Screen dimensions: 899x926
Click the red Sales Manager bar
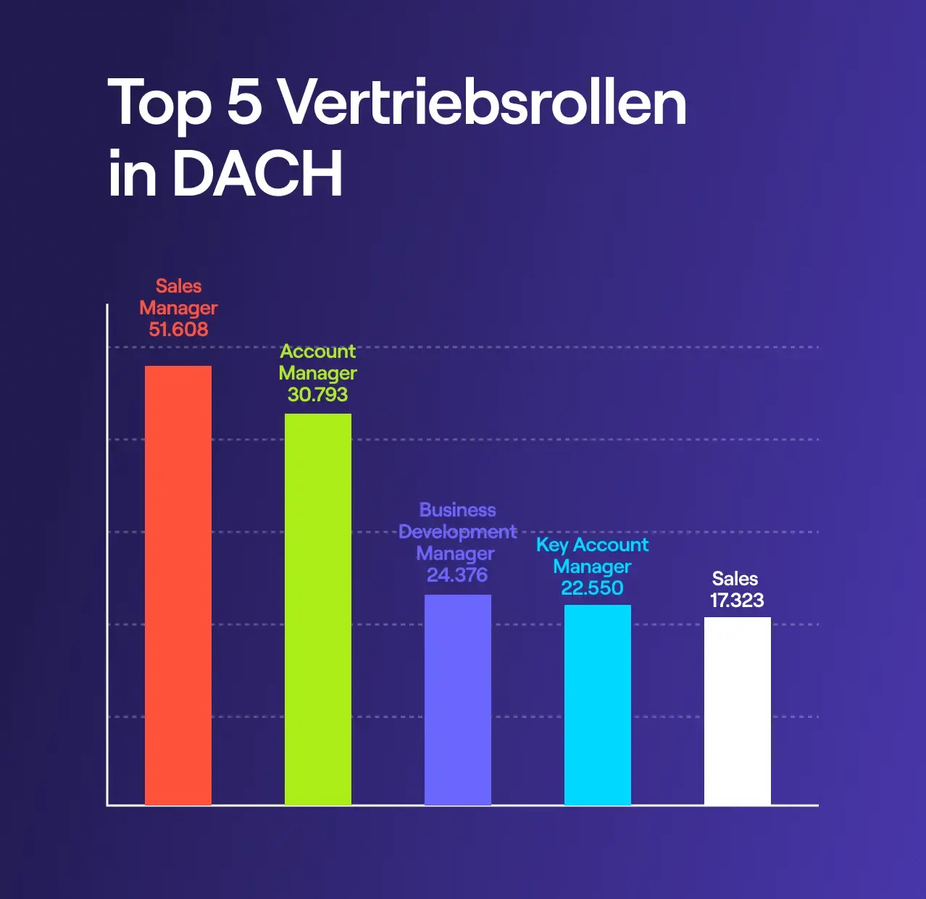178,585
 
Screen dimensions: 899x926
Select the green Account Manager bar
317,609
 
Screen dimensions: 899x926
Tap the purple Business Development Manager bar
457,700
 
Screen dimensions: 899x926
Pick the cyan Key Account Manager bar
597,705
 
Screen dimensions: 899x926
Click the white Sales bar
737,711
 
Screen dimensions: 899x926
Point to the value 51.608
178,330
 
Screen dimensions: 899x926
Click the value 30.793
317,395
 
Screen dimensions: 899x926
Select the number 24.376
457,575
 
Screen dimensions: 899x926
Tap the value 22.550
592,588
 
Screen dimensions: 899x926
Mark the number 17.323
737,601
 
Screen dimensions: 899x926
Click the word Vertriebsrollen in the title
483,103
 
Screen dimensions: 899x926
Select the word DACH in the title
257,174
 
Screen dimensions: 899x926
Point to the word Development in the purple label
457,532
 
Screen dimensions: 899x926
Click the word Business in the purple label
457,510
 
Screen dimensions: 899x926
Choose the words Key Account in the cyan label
592,545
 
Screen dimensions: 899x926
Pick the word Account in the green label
317,351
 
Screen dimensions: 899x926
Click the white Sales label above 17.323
735,579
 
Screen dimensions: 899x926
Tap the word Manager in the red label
178,309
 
